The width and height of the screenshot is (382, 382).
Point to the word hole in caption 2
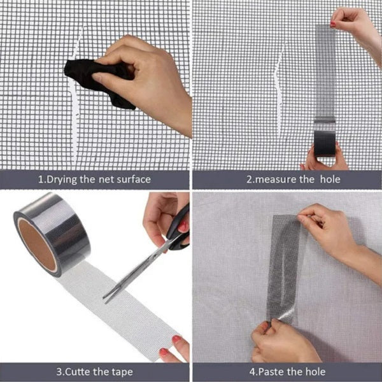pyautogui.click(x=330, y=180)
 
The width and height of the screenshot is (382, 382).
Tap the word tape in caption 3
pyautogui.click(x=122, y=372)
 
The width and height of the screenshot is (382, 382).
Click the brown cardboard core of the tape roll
pyautogui.click(x=37, y=244)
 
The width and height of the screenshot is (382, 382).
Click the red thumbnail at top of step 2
pyautogui.click(x=333, y=24)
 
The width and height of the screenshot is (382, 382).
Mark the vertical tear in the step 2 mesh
pyautogui.click(x=279, y=90)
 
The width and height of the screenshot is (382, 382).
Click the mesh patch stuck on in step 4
pyautogui.click(x=284, y=268)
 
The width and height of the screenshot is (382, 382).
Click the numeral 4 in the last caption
pyautogui.click(x=252, y=372)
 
